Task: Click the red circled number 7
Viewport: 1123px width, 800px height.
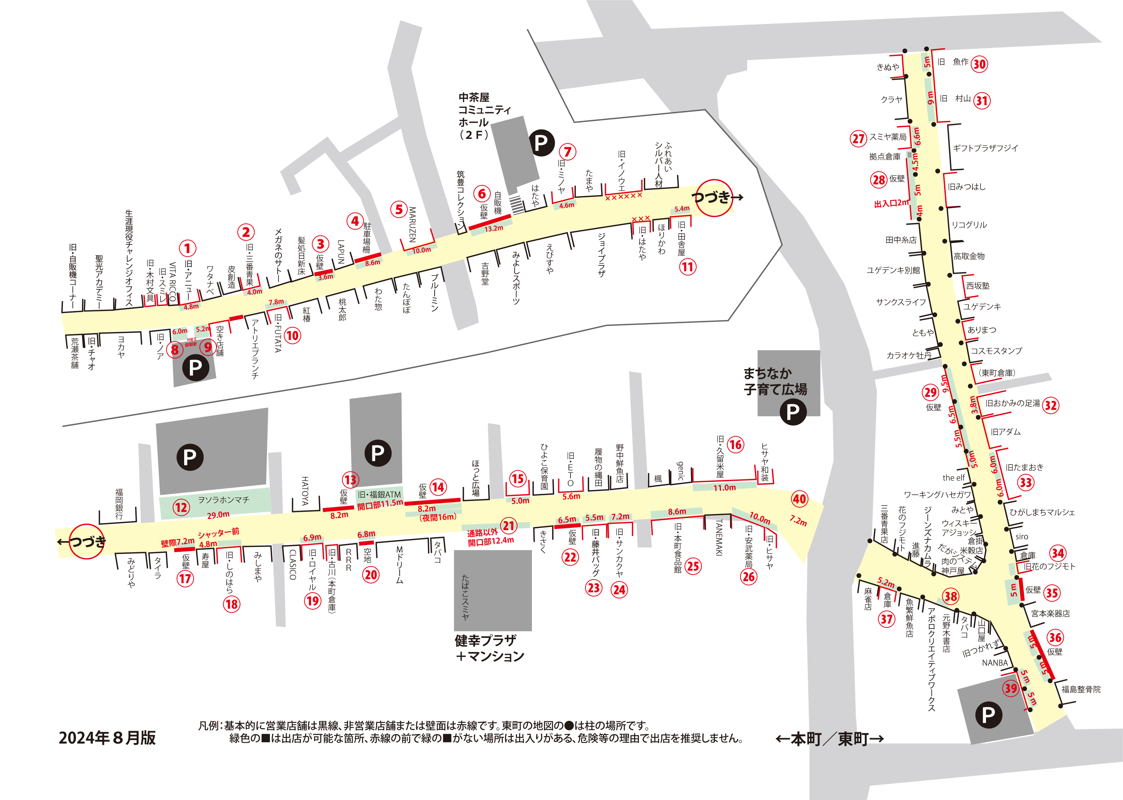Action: tap(567, 152)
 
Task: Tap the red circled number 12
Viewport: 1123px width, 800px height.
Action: tap(181, 507)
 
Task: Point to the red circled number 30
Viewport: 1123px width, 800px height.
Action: tap(979, 64)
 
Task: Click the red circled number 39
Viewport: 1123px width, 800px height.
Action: tap(1011, 688)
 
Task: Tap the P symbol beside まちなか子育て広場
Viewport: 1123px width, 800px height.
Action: tap(793, 412)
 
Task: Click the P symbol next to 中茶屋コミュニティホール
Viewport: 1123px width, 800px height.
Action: tap(541, 143)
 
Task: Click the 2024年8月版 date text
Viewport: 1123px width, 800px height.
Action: tap(107, 738)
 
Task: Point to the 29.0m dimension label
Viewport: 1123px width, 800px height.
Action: tap(218, 515)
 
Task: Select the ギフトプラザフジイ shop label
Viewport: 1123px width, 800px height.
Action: tap(985, 148)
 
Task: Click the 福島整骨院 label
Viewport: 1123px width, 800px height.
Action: tap(1081, 689)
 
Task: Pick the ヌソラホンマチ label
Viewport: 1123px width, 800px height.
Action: tap(223, 500)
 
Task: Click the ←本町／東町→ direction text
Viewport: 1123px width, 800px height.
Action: tap(830, 739)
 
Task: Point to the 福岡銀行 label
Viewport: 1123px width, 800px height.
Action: tap(119, 504)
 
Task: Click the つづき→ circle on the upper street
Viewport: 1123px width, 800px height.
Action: tap(715, 198)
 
